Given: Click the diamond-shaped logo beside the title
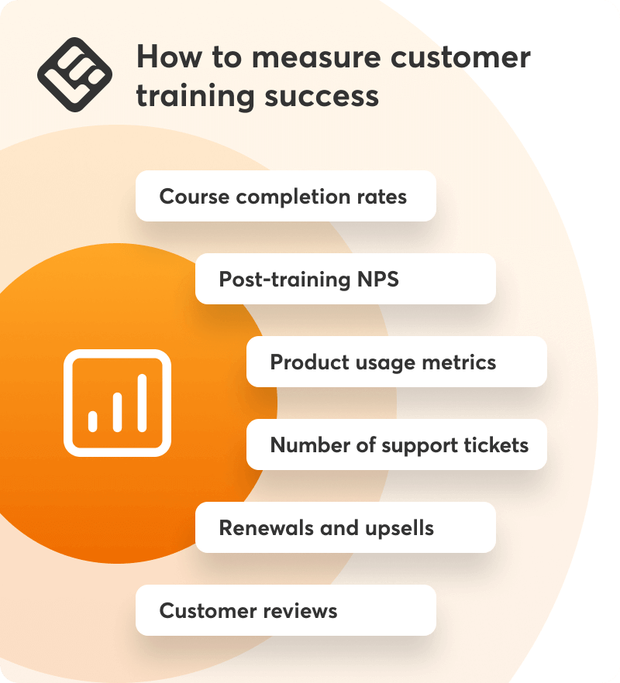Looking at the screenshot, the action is [x=74, y=74].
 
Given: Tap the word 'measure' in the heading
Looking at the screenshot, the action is [x=316, y=57].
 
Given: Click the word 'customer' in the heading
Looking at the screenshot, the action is [x=460, y=57].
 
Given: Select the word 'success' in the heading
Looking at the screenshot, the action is [x=322, y=96].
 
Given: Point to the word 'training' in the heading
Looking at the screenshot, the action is [x=195, y=97].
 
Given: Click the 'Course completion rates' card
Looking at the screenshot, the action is [x=286, y=196].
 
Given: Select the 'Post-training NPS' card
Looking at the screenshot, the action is [x=346, y=279].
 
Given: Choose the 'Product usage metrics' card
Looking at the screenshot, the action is [x=397, y=362].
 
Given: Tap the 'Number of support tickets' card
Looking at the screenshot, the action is [x=397, y=444].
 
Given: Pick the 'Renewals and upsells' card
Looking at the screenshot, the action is [x=346, y=527].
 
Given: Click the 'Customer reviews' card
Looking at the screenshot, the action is [x=286, y=610].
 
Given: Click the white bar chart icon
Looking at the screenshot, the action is [x=117, y=403].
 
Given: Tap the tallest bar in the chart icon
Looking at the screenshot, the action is [x=142, y=403].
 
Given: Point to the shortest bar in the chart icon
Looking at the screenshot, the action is [x=92, y=421].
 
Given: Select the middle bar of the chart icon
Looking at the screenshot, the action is [x=117, y=412].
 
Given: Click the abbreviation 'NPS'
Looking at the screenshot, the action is [x=378, y=279].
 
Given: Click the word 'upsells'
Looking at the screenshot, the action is [x=399, y=528].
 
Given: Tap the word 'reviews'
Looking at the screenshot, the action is [x=300, y=611].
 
